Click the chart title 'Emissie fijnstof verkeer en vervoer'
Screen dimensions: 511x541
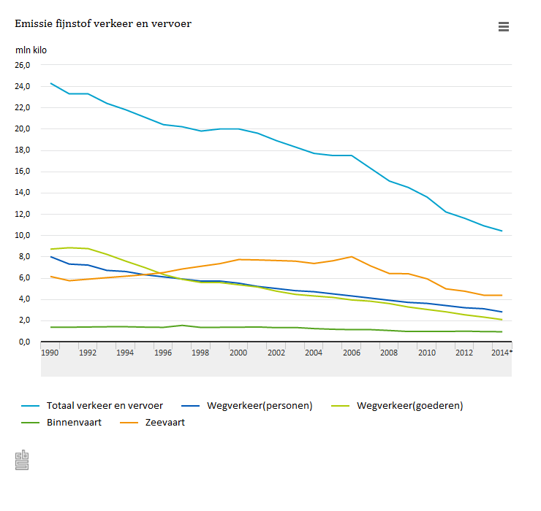pos(103,24)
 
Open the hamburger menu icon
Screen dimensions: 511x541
pos(503,27)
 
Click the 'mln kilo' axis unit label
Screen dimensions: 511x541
pos(31,50)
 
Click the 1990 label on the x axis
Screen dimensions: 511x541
pos(50,353)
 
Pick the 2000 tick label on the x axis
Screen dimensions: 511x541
pos(238,353)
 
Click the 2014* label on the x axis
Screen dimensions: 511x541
pos(502,353)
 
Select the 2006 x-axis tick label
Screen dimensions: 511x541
pos(351,353)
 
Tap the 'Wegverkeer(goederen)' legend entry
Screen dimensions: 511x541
pos(409,405)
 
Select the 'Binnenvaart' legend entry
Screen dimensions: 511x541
pos(72,422)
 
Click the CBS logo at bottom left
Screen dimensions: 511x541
pos(22,460)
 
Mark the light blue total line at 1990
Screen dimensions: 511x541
pos(50,83)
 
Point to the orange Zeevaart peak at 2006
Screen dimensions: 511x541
pos(352,257)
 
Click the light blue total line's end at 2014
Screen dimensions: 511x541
pos(502,231)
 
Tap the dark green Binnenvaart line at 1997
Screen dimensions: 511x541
pos(182,326)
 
